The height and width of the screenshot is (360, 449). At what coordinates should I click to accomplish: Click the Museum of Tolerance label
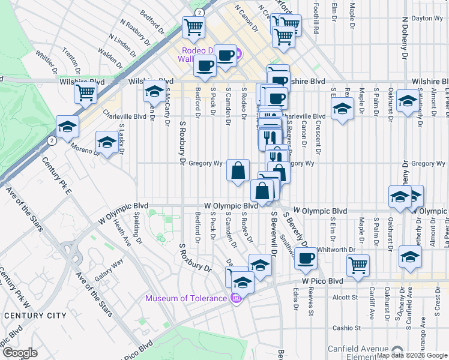(x=186, y=299)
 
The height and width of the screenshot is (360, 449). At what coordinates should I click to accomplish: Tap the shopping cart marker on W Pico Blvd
(x=358, y=264)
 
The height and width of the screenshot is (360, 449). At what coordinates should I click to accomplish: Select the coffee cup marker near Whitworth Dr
(x=306, y=258)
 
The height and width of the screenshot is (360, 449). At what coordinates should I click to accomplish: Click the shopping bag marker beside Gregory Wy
(x=238, y=170)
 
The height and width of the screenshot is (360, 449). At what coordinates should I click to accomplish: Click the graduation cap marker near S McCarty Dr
(x=154, y=92)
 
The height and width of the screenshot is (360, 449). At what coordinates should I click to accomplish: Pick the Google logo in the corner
(x=20, y=353)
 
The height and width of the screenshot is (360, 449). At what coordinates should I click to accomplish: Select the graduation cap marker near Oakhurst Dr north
(x=408, y=101)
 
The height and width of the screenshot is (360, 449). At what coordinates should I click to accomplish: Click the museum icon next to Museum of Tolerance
(x=236, y=298)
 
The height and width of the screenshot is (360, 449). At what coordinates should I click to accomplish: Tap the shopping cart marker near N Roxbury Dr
(x=193, y=26)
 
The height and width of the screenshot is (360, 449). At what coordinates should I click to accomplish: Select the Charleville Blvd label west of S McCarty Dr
(x=125, y=116)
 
